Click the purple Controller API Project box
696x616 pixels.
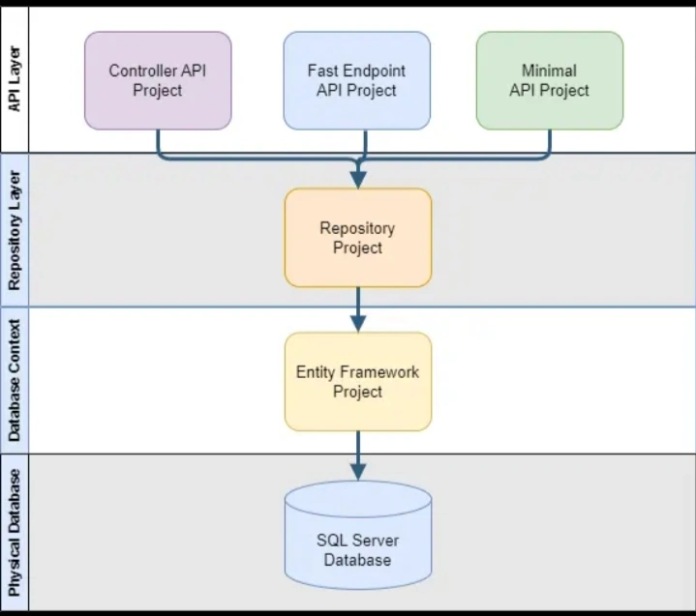click(158, 80)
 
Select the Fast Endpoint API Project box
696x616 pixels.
click(357, 80)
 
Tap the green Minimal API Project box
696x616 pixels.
click(550, 80)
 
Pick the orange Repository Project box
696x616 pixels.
click(358, 238)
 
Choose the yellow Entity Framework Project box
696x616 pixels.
click(358, 382)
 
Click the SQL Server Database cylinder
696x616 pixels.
click(358, 536)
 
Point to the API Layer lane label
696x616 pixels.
click(15, 79)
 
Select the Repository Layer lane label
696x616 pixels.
click(15, 230)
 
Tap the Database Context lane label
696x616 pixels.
click(15, 380)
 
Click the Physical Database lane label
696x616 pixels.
click(15, 533)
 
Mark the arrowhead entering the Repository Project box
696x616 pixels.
click(358, 180)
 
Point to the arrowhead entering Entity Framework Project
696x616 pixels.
click(358, 324)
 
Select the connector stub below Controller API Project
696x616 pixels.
click(158, 143)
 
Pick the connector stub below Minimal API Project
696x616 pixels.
click(550, 143)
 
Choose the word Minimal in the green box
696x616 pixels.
click(549, 71)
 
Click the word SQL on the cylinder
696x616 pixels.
click(328, 541)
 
